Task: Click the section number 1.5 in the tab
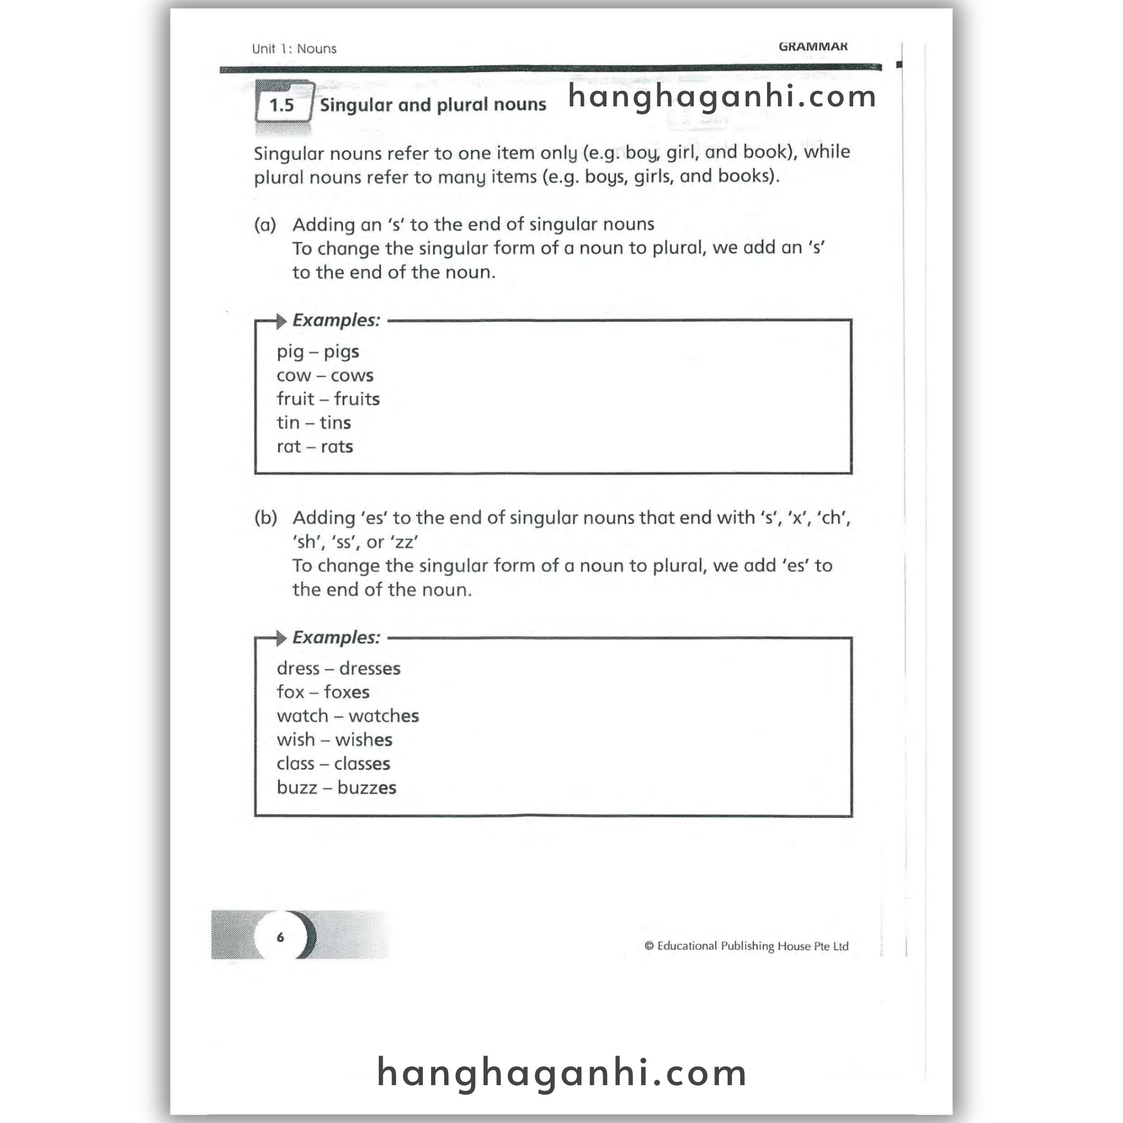click(282, 105)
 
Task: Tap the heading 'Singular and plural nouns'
click(433, 105)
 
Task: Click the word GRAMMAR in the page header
click(813, 47)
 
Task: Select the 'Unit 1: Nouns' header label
click(294, 49)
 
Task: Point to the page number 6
click(280, 937)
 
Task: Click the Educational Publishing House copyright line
click(746, 946)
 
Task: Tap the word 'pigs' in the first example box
click(341, 351)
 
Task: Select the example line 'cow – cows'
click(325, 376)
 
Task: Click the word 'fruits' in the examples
click(357, 399)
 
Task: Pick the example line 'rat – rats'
click(314, 446)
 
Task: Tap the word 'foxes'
click(347, 693)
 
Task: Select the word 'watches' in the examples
click(384, 716)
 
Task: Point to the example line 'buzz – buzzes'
click(337, 787)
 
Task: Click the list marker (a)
click(265, 225)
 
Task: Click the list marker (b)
click(265, 518)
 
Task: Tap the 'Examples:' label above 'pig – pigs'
click(336, 320)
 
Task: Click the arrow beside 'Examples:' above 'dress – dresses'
click(281, 638)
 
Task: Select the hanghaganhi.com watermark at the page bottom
click(561, 1073)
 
